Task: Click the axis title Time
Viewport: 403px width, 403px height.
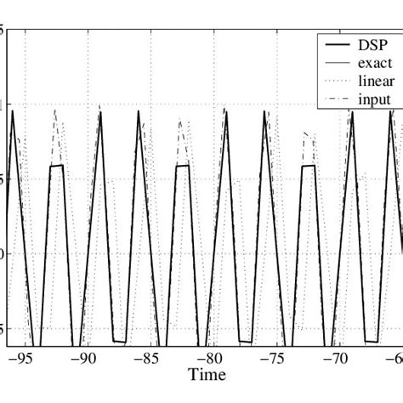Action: (x=207, y=375)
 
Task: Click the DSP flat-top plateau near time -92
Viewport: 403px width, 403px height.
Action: (x=56, y=166)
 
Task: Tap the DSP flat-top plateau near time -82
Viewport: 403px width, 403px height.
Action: (x=182, y=166)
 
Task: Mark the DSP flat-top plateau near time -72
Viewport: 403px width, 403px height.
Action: (x=308, y=166)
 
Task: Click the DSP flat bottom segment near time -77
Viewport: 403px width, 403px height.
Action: (x=245, y=342)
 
